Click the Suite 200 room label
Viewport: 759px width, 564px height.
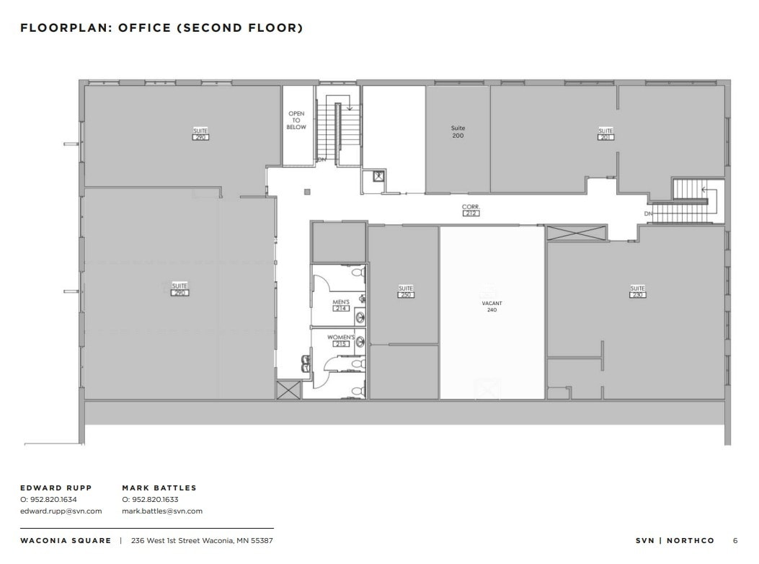coord(458,132)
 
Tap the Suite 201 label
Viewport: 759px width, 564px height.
coord(605,133)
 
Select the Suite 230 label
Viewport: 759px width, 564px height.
coord(637,291)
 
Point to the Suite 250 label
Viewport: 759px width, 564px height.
coord(406,291)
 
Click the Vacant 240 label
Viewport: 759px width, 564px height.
coord(492,307)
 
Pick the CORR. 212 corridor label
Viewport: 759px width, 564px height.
coord(471,210)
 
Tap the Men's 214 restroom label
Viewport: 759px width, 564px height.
coord(341,305)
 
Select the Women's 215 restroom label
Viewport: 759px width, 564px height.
coord(341,340)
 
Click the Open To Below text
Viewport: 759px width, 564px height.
coord(296,120)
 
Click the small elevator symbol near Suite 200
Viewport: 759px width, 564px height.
coord(377,175)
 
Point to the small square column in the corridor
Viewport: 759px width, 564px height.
coord(307,192)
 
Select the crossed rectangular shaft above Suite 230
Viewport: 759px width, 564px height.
coord(577,233)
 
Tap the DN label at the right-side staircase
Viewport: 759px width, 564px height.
coord(649,214)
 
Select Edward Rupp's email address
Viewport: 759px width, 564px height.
coord(61,511)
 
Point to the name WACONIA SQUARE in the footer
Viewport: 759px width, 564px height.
coord(66,540)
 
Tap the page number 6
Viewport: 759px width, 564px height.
coord(735,540)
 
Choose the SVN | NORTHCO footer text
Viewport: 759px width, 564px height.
coord(675,540)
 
